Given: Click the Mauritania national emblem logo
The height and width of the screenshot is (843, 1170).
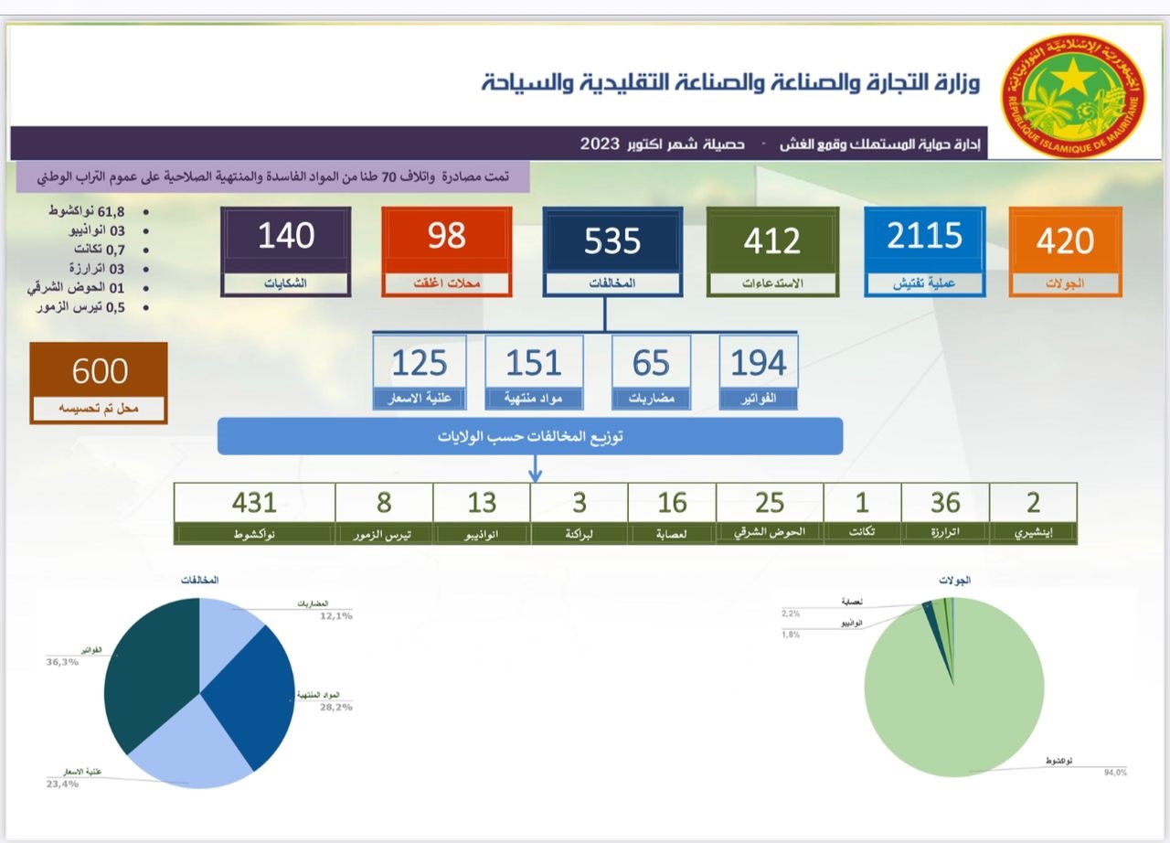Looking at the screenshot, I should click(1073, 95).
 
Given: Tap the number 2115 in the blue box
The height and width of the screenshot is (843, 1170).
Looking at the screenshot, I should click(924, 237).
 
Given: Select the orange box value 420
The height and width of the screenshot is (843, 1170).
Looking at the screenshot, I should click(1065, 240).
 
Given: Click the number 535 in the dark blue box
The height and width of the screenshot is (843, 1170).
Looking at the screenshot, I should click(612, 240).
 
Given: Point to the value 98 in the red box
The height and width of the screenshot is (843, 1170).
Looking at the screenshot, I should click(446, 236).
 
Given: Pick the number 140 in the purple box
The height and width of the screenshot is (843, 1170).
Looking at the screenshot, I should click(285, 236).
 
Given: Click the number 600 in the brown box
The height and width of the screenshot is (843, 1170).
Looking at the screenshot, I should click(100, 371).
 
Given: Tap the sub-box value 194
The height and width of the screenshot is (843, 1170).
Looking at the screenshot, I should click(758, 363).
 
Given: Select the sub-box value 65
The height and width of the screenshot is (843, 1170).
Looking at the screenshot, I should click(650, 363).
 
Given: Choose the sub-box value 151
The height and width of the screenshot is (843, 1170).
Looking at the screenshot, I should click(533, 363).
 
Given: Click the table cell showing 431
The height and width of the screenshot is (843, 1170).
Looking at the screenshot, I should click(254, 502).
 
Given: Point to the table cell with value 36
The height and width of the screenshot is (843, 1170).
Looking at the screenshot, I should click(945, 502).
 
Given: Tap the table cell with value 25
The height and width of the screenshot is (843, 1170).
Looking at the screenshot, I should click(770, 502).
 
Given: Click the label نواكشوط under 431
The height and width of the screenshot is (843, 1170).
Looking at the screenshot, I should click(254, 533).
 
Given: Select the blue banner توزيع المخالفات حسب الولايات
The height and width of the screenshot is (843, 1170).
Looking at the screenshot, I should click(529, 436).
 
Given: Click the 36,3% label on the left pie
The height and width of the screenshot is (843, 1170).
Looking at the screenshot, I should click(62, 661).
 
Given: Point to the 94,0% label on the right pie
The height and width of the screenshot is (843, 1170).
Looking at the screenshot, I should click(1115, 773).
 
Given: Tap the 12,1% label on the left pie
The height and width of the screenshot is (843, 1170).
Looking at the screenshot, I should click(335, 615).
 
